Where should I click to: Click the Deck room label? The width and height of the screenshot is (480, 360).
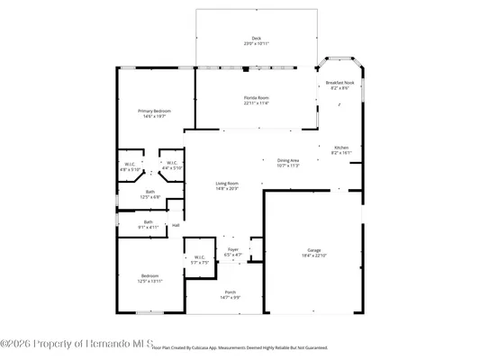(x=257, y=38)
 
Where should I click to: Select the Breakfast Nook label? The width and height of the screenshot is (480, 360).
(x=340, y=83)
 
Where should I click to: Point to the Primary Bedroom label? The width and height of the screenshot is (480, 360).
(x=154, y=111)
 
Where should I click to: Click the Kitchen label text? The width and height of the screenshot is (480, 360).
(x=341, y=147)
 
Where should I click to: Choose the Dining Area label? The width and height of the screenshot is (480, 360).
(x=294, y=160)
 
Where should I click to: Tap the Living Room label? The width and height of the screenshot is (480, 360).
(x=226, y=183)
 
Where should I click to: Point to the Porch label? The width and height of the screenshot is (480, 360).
(x=226, y=292)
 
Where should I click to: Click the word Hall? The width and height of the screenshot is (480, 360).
(x=176, y=225)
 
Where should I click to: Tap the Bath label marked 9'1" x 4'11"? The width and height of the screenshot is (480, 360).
(x=148, y=222)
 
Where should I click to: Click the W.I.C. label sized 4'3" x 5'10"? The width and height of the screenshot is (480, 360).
(x=130, y=164)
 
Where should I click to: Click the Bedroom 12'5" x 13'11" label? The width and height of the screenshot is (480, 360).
(x=149, y=275)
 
